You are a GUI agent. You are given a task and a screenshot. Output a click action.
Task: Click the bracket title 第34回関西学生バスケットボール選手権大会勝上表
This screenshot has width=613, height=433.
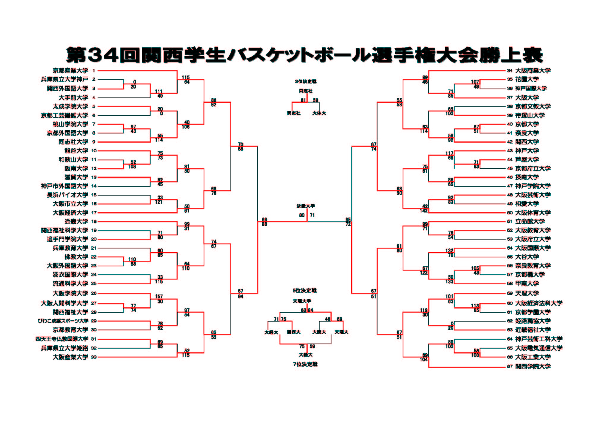(x=304, y=55)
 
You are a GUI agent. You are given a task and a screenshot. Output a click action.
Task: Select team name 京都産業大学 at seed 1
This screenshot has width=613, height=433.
(x=70, y=71)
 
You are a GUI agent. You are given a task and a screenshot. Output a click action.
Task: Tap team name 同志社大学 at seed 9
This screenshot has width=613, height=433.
(x=73, y=142)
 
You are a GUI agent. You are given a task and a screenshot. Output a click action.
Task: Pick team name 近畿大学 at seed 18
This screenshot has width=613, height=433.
(x=76, y=222)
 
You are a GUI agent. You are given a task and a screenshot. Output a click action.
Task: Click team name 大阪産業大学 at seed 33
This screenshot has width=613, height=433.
(x=70, y=357)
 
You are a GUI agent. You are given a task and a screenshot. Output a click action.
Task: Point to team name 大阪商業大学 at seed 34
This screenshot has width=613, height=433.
(x=533, y=71)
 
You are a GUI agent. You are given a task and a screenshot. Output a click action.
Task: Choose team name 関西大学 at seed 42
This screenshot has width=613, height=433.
(x=527, y=142)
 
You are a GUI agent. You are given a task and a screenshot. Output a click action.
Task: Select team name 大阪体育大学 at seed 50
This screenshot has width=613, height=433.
(x=533, y=213)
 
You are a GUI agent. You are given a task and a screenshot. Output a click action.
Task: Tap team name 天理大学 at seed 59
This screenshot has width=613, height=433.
(x=527, y=293)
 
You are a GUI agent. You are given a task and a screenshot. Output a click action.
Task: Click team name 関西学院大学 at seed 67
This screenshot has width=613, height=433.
(x=533, y=366)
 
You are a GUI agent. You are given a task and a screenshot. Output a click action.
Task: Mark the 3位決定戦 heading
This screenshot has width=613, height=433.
(x=306, y=81)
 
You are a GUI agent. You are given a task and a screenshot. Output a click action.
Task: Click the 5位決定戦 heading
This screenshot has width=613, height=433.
(x=305, y=291)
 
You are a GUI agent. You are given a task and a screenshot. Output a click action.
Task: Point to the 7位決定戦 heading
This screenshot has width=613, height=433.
(x=305, y=364)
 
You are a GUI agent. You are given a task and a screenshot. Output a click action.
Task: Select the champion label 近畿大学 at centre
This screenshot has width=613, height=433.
(x=306, y=206)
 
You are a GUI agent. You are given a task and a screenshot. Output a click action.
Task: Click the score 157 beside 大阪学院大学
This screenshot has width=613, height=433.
(x=159, y=297)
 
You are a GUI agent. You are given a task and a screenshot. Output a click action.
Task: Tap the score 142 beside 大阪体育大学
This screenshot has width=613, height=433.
(x=424, y=211)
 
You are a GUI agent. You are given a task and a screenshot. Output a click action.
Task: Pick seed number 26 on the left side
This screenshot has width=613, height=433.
(x=94, y=293)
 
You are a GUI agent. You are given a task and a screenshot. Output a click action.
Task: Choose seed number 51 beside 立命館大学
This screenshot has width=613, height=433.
(x=510, y=222)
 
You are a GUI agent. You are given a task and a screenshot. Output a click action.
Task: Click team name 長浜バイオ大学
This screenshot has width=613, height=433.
(x=67, y=195)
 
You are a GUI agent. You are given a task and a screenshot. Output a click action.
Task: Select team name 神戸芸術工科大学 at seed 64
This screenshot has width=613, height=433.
(x=539, y=339)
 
